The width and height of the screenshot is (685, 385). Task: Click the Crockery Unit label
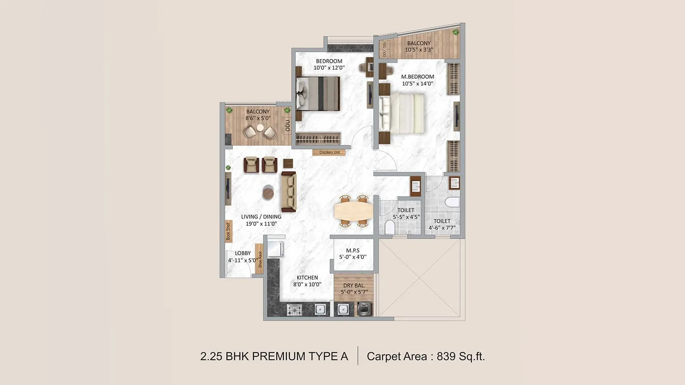(329, 152)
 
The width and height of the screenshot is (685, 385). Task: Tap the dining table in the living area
(353, 210)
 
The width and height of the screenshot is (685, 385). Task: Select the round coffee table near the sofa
(268, 192)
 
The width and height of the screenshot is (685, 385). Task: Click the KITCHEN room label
(307, 278)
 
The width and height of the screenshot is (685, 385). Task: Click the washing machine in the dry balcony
(364, 309)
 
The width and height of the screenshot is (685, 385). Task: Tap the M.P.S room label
(353, 251)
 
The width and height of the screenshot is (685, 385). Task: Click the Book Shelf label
(228, 231)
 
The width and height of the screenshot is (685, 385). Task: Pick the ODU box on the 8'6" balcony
(287, 125)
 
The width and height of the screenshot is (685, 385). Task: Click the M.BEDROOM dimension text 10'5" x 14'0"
(417, 84)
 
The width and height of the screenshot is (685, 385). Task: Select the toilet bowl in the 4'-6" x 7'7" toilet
(452, 202)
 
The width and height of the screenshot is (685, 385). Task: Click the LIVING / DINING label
(261, 217)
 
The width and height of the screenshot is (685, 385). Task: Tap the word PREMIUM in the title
(278, 356)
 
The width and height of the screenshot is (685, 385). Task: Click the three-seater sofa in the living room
(289, 191)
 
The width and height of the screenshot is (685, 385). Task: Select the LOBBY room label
(243, 253)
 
